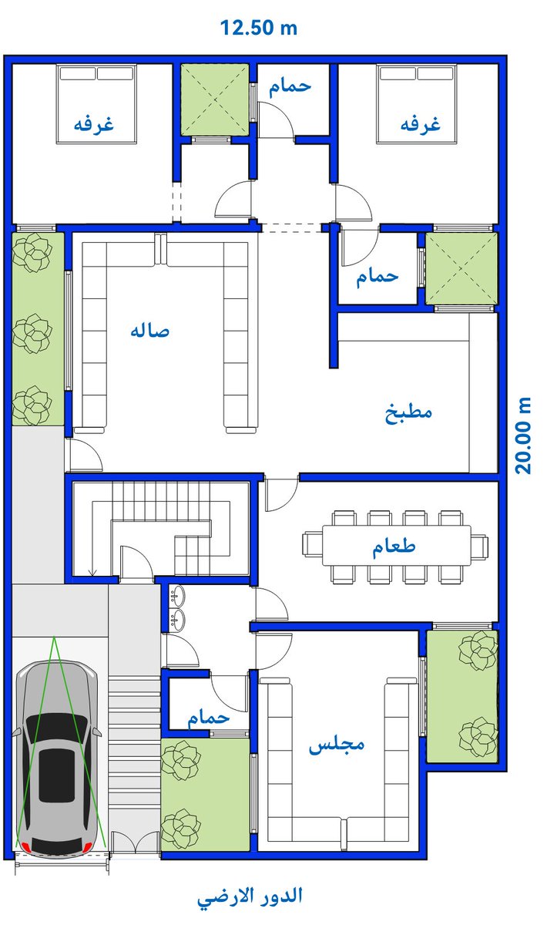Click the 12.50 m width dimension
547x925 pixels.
259,29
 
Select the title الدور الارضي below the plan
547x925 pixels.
250,896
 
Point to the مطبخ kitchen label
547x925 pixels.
408,412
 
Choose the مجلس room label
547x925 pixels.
336,745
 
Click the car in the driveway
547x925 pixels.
59,759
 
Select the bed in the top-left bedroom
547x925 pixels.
97,103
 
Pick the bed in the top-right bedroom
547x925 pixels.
416,103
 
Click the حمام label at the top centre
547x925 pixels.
290,86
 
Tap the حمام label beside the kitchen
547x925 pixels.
378,277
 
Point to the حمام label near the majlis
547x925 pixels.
208,718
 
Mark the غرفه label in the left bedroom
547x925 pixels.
93,125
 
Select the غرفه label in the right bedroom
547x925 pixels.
420,125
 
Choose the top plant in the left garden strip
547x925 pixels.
32,253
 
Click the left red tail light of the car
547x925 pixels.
25,847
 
